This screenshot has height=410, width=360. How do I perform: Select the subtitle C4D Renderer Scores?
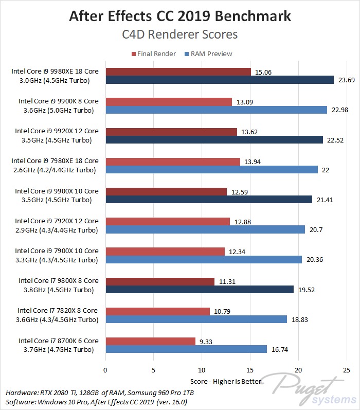180,34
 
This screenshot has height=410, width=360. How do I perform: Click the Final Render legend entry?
154,54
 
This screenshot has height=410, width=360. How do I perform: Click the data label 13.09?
244,101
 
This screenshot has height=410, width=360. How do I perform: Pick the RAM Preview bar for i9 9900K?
216,110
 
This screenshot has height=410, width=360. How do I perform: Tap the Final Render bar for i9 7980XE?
172,162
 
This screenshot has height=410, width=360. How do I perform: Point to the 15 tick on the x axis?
250,369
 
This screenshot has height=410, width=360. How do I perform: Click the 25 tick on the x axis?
346,369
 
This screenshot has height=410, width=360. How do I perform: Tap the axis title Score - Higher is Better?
226,381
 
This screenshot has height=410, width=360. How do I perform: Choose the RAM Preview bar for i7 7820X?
196,319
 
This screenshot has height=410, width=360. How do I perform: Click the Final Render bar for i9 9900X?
166,191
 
